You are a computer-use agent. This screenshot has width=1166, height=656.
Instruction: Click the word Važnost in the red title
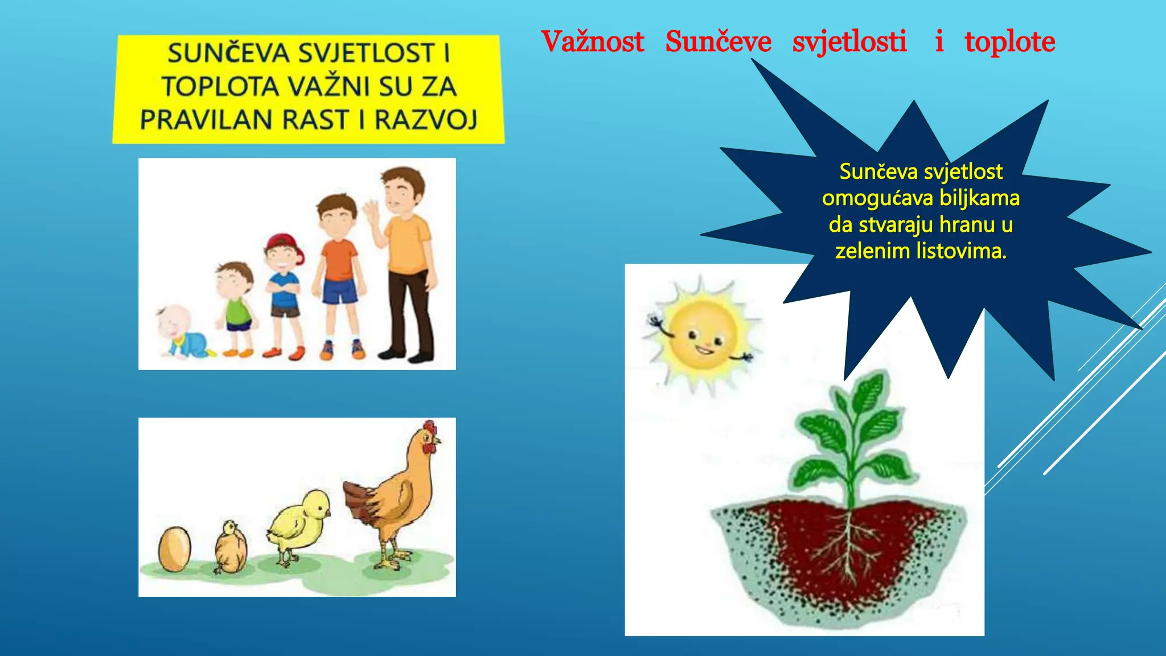(x=592, y=42)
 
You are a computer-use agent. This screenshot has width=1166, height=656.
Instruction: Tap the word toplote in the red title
(x=1009, y=42)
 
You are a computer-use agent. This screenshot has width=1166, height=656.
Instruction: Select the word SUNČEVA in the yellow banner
(x=228, y=54)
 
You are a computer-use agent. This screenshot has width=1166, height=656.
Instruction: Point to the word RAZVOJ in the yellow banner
(x=426, y=120)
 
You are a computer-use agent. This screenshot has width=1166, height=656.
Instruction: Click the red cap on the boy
(x=283, y=243)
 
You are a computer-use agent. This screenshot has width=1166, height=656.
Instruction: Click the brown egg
(x=174, y=549)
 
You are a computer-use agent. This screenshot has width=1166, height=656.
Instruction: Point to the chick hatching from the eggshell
(x=231, y=547)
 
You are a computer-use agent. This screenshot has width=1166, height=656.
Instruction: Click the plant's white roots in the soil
(x=851, y=541)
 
